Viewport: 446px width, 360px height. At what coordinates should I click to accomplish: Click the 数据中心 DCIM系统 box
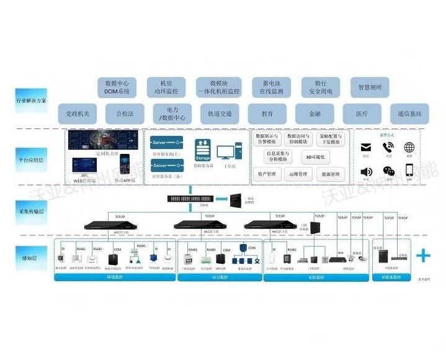117,87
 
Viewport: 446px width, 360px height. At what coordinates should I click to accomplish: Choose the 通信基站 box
410,114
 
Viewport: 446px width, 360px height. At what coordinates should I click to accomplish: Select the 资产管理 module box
267,174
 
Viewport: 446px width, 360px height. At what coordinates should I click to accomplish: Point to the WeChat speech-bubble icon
388,171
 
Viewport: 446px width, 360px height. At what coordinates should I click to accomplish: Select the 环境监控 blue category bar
114,277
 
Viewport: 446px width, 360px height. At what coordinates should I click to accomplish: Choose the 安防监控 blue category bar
315,277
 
